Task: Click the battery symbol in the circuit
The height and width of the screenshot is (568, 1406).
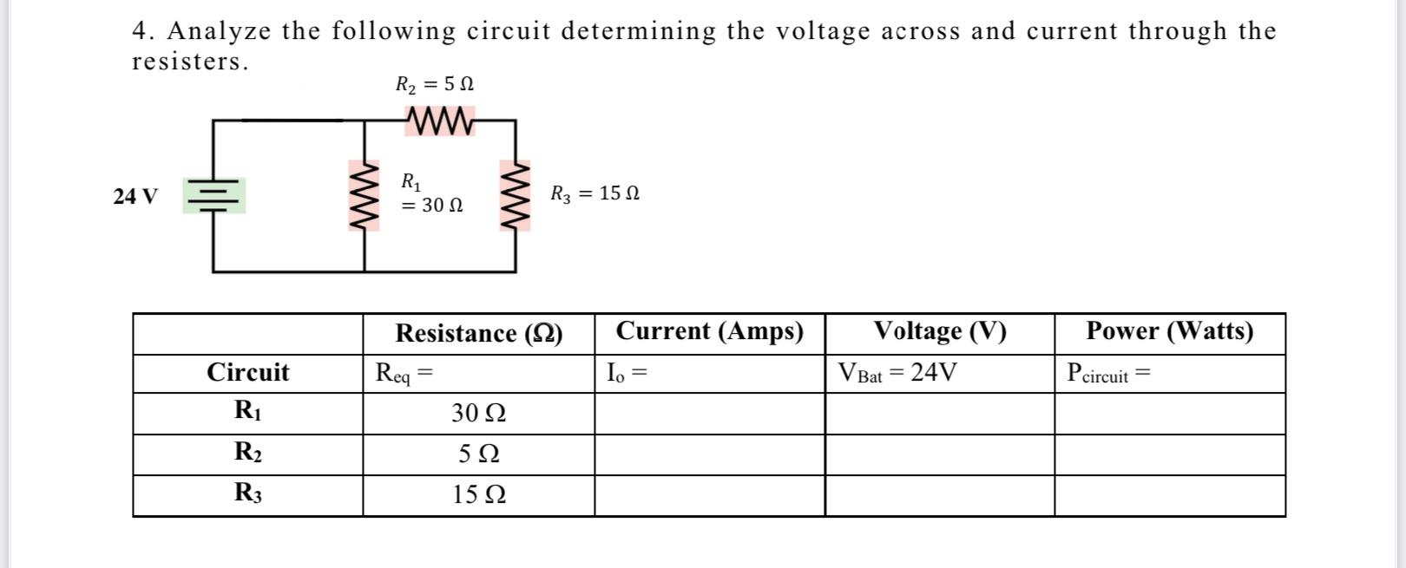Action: (214, 196)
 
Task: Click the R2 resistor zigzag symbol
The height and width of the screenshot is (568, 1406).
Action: (439, 121)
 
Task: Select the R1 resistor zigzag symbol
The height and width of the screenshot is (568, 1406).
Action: (365, 195)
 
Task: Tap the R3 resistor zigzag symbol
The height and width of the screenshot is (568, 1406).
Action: (516, 195)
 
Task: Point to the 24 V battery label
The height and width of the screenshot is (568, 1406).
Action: (135, 196)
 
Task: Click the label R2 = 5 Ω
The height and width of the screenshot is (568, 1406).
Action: (435, 84)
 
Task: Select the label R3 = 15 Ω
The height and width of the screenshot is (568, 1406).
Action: (595, 193)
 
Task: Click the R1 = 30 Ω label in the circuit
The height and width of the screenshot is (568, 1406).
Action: (431, 194)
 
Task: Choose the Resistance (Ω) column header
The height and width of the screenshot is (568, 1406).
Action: (478, 333)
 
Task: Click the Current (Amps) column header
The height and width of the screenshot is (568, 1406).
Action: (709, 331)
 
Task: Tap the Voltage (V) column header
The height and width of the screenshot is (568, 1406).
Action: (940, 331)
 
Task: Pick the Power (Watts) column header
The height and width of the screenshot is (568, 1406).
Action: (1169, 331)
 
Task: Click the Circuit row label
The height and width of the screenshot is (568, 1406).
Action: (247, 373)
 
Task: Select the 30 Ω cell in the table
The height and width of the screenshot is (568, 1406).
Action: (478, 414)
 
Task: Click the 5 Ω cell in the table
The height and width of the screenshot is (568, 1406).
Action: (478, 454)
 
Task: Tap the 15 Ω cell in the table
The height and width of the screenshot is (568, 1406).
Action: (478, 495)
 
